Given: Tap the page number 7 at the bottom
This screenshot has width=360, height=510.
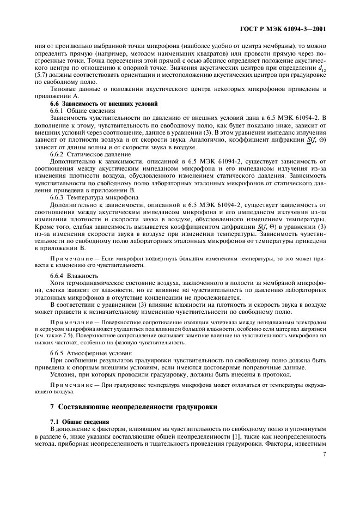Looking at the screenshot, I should coord(324,453).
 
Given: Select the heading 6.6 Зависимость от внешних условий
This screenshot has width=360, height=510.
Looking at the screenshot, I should coord(96,103).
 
